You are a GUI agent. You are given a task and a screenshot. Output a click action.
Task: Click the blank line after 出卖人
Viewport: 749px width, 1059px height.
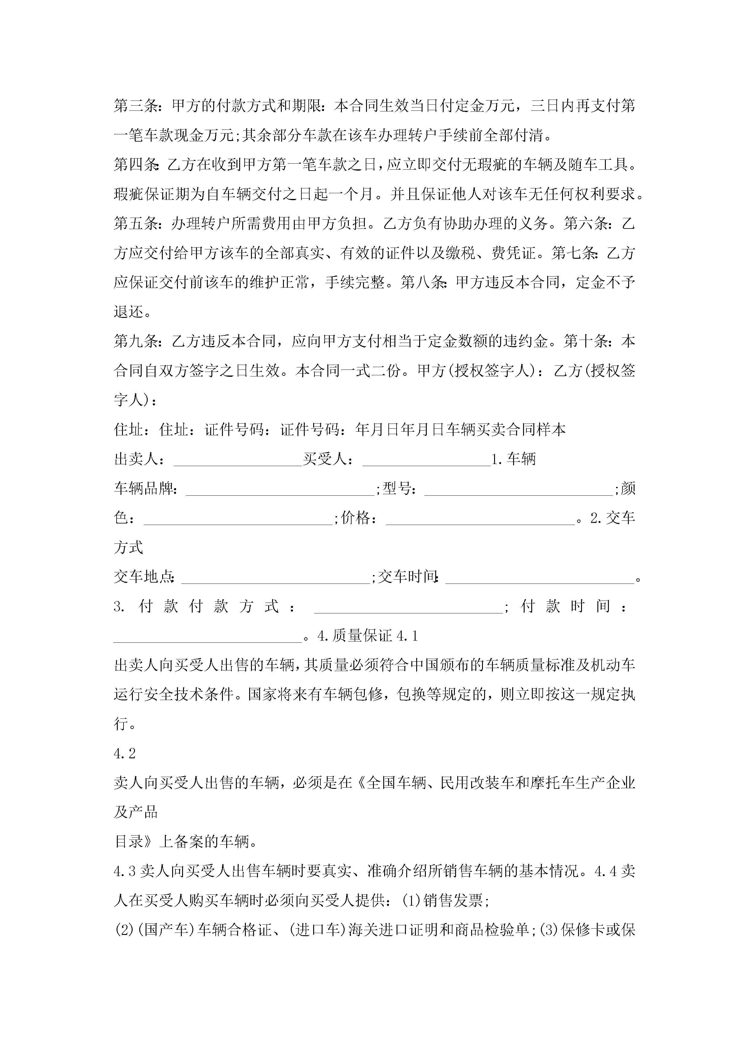[x=238, y=461]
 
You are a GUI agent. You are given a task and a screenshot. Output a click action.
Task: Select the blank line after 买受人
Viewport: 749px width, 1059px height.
[x=426, y=461]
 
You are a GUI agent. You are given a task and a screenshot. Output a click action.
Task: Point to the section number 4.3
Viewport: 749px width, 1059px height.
[x=125, y=871]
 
